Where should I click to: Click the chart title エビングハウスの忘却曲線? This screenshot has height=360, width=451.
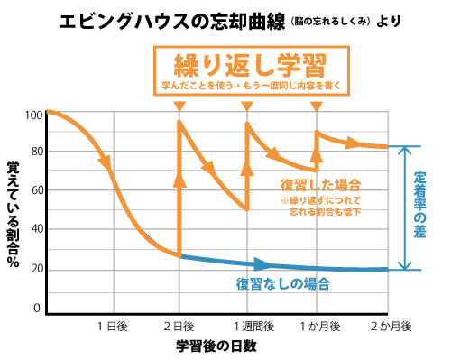pos(172,22)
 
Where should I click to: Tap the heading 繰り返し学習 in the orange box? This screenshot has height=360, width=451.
pos(250,66)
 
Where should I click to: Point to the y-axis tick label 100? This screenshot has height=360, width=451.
pos(34,115)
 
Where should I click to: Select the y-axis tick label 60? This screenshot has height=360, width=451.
pos(38,190)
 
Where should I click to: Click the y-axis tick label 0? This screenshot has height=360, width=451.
pos(37,308)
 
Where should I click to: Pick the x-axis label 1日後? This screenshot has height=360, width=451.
pos(113,327)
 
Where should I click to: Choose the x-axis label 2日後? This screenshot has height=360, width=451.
pos(179,327)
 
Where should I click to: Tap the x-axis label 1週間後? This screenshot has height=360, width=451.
pos(254,327)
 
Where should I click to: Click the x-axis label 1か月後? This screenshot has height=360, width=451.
pos(320,327)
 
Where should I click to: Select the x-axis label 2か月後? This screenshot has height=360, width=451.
pos(391,327)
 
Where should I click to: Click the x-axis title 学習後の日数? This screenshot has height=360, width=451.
pos(216,346)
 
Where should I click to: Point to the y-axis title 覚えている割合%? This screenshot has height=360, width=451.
pos(14,214)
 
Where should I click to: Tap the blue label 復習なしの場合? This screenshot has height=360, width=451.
pos(283,284)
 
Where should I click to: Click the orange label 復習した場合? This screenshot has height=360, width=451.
pos(320,185)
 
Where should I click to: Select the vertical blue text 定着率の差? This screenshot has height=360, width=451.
pos(420,205)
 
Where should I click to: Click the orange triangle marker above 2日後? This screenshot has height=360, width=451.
pos(179,106)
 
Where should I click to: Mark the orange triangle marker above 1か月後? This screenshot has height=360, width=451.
pos(317,106)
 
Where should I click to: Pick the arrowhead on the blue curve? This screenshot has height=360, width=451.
pos(262,264)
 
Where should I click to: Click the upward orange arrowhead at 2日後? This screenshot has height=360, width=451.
pos(179,180)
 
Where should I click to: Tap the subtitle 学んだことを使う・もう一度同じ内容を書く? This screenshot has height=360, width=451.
pos(252,86)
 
